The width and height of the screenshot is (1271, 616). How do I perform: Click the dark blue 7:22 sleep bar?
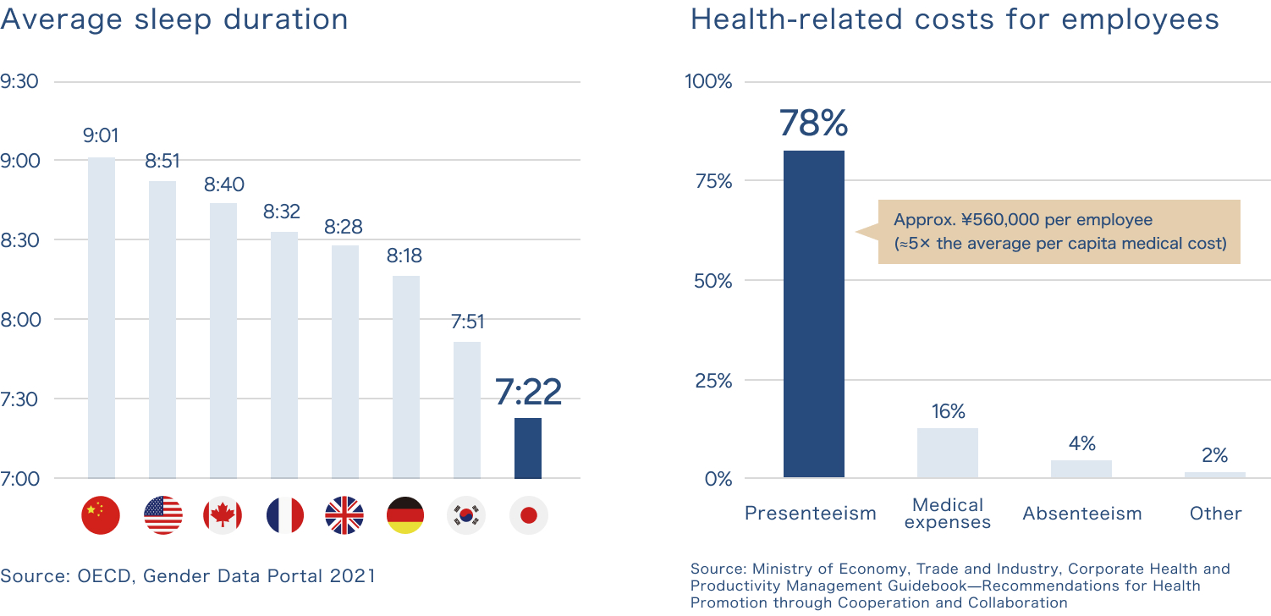(x=528, y=448)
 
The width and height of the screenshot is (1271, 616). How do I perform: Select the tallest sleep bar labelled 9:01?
(x=102, y=317)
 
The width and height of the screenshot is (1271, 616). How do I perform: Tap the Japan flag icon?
(x=529, y=515)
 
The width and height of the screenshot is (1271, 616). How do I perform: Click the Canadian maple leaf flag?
(x=223, y=515)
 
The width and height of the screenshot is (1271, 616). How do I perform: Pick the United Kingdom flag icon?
(x=344, y=515)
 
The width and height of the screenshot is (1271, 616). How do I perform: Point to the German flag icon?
(x=405, y=515)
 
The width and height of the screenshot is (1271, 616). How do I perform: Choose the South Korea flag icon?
(x=466, y=515)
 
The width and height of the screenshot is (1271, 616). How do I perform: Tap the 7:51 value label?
(x=467, y=322)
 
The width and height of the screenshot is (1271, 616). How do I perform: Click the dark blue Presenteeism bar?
(x=813, y=314)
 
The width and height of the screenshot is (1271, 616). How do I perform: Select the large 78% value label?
(x=813, y=124)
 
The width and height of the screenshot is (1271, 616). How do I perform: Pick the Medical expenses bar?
(x=948, y=453)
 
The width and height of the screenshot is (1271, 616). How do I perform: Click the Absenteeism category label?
(x=1082, y=514)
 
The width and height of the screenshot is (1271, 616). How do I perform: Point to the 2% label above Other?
(x=1215, y=456)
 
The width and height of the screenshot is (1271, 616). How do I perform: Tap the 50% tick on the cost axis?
(x=713, y=281)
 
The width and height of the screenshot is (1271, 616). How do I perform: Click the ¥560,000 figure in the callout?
(x=999, y=220)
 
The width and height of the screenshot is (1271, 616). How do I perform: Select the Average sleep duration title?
(x=174, y=19)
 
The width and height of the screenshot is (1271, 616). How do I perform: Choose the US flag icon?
(x=163, y=515)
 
